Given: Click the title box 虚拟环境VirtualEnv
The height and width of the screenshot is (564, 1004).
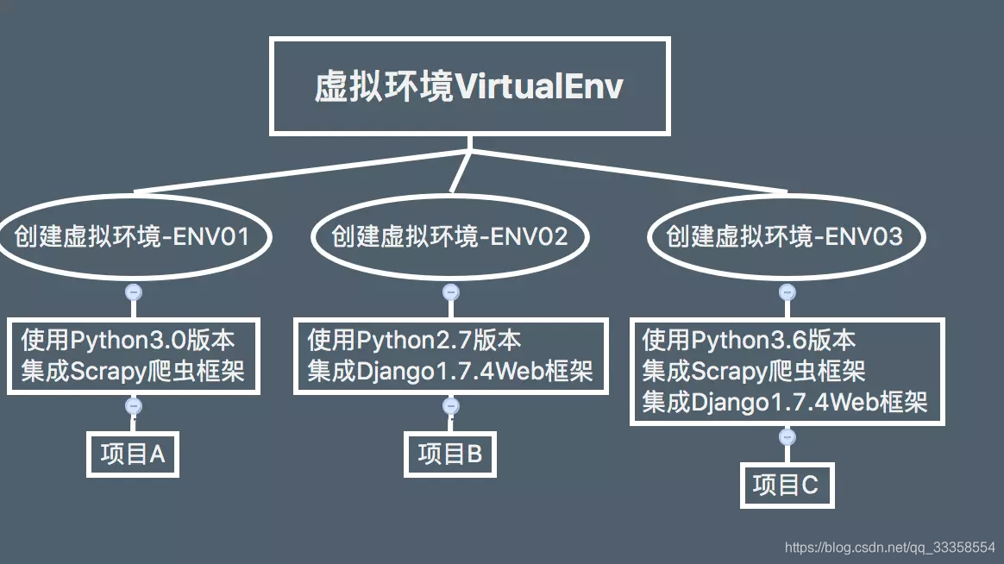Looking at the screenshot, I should pyautogui.click(x=469, y=86).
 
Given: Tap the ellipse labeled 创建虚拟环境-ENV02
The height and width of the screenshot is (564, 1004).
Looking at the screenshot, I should pyautogui.click(x=450, y=235).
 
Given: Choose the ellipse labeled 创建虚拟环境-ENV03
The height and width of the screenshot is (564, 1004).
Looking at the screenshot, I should pyautogui.click(x=785, y=235).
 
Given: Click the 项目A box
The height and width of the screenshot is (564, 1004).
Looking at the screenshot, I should pyautogui.click(x=133, y=454).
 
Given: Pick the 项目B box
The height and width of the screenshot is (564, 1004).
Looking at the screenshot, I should pyautogui.click(x=450, y=454).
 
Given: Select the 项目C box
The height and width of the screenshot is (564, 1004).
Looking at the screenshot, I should pyautogui.click(x=786, y=485).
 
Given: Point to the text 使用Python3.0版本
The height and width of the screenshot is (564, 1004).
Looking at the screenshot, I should pyautogui.click(x=128, y=339).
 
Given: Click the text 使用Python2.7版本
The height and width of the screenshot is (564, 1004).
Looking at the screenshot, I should pyautogui.click(x=415, y=339).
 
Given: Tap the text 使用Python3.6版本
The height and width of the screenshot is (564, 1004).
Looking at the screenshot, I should pyautogui.click(x=750, y=339).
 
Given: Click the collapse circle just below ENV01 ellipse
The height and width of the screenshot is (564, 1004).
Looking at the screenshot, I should pyautogui.click(x=134, y=291).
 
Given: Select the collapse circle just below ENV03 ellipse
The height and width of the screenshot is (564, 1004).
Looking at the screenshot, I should pyautogui.click(x=786, y=291).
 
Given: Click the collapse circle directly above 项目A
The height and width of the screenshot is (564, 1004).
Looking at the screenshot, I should pyautogui.click(x=134, y=405).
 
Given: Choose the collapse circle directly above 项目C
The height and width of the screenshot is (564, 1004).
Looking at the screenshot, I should pyautogui.click(x=786, y=437).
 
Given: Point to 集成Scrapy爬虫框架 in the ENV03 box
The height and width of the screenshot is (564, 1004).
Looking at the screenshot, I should pyautogui.click(x=755, y=371).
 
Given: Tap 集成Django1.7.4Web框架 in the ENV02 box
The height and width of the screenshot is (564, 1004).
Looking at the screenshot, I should pyautogui.click(x=450, y=371).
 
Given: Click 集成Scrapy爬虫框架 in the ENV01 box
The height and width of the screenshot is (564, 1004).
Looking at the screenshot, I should pyautogui.click(x=133, y=371).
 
